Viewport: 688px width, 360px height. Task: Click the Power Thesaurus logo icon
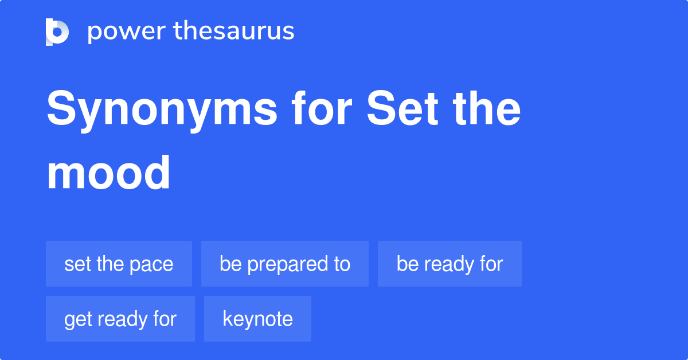(57, 32)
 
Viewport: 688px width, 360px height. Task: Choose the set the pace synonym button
(119, 264)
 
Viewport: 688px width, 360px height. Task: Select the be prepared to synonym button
(285, 264)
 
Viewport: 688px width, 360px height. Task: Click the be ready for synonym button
(449, 264)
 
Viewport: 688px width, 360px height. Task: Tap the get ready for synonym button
(120, 319)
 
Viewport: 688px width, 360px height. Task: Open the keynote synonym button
(257, 319)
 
